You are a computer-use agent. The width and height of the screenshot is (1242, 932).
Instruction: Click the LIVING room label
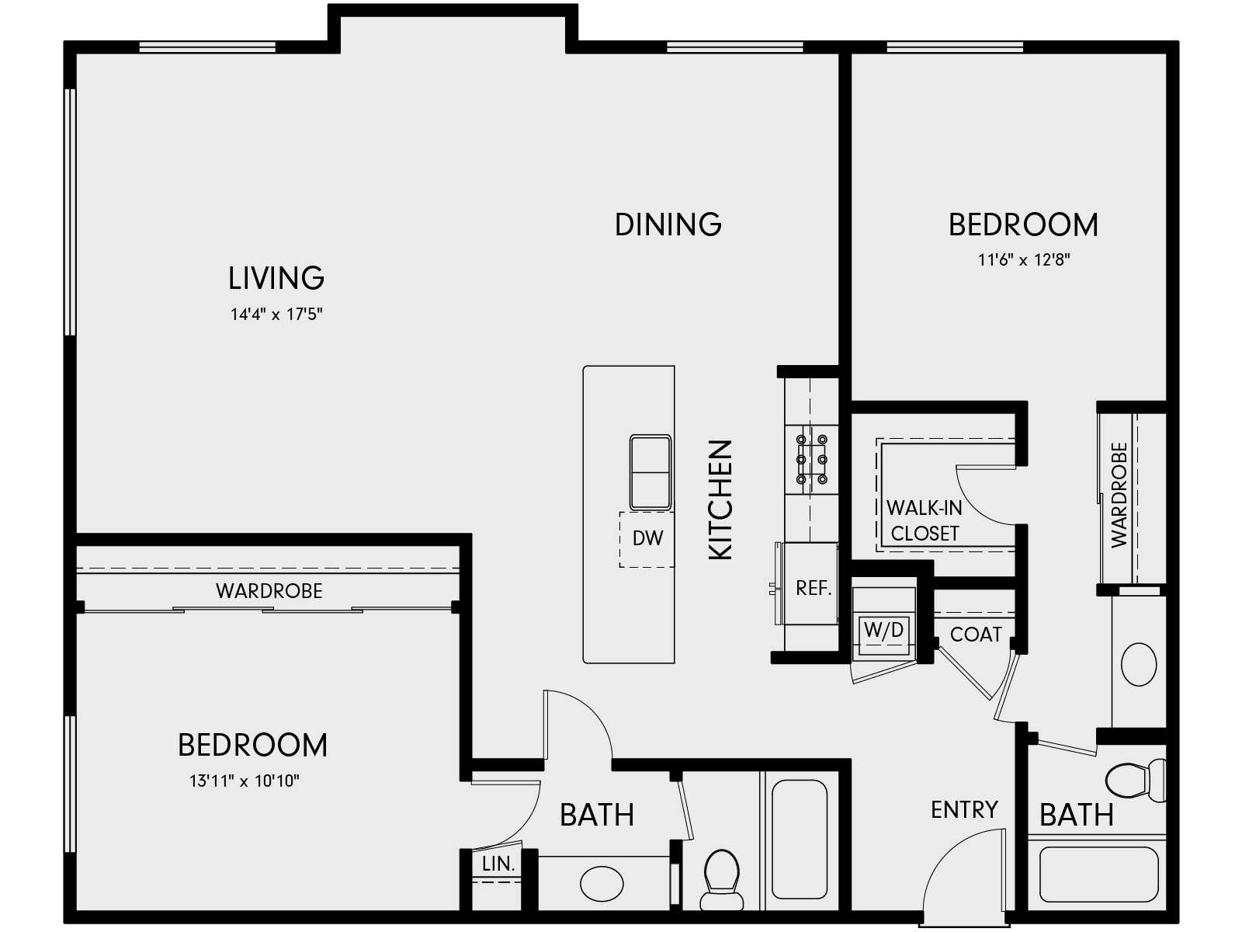tap(276, 278)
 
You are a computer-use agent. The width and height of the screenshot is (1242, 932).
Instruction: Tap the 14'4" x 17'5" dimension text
tap(276, 315)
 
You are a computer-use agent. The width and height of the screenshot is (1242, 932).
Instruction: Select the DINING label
tap(668, 224)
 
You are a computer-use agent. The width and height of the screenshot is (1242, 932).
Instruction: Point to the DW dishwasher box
tap(647, 538)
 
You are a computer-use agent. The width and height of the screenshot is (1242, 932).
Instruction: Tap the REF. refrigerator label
tap(814, 589)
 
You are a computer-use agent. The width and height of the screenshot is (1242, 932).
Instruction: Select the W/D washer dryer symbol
tap(883, 630)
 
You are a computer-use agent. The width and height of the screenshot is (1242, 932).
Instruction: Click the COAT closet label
tap(976, 635)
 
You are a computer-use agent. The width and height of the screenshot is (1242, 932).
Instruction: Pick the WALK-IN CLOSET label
tap(925, 520)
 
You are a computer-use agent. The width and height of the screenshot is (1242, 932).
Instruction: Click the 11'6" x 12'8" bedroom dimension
tap(1023, 260)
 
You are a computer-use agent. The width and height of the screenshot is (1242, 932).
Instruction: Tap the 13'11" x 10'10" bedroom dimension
tap(245, 781)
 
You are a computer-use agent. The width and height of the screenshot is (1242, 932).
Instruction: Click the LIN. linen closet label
tap(498, 864)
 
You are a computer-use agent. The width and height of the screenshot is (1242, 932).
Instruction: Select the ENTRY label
tap(964, 810)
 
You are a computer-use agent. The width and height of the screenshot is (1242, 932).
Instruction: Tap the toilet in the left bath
tap(722, 878)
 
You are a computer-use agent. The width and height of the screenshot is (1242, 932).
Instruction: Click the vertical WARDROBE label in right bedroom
tap(1119, 496)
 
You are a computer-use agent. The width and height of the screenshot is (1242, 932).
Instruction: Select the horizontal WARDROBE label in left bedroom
tap(269, 591)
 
